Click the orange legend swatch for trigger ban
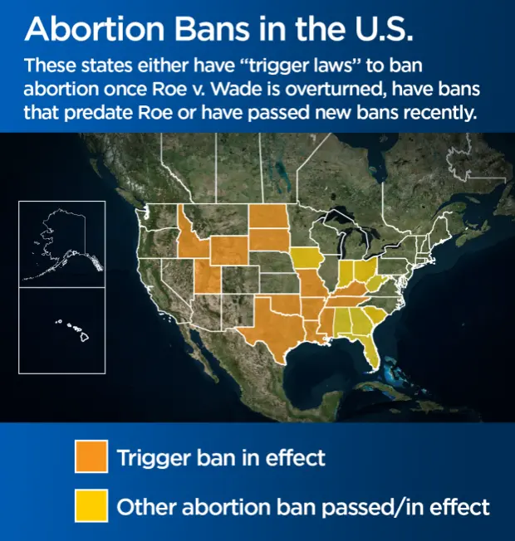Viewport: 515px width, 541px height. (x=91, y=456)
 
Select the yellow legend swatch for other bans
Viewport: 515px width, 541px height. (x=91, y=505)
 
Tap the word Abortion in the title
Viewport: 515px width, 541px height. (x=95, y=29)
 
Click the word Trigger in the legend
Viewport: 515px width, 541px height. (x=154, y=459)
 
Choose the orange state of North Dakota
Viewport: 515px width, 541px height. (x=269, y=216)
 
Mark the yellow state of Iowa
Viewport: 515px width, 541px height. (x=306, y=259)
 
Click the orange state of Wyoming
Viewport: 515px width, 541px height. (x=228, y=251)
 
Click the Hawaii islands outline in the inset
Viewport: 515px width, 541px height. (x=76, y=329)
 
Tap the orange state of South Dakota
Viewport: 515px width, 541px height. (x=269, y=240)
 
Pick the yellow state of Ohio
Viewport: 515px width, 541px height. (x=365, y=270)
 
